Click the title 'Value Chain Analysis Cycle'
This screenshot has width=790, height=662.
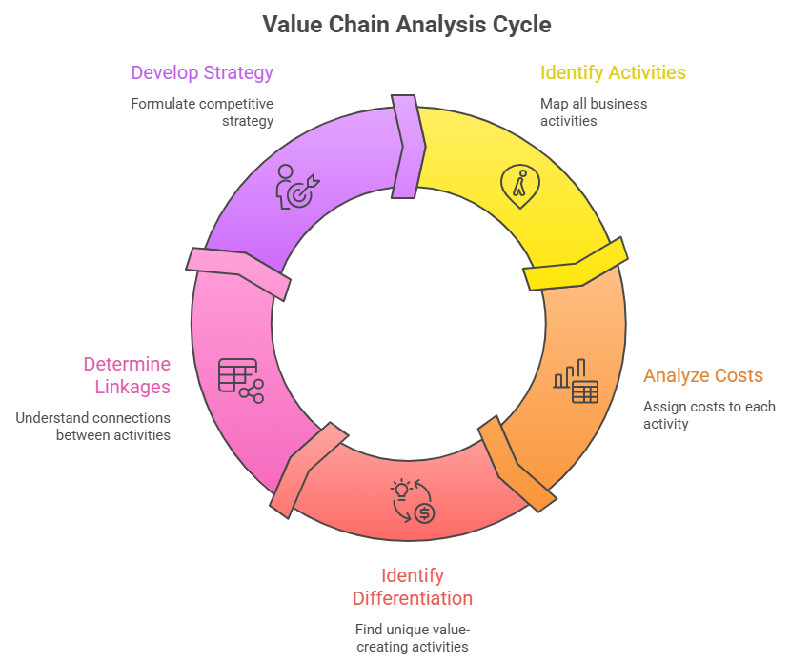(x=407, y=24)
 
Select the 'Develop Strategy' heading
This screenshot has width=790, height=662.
(x=202, y=72)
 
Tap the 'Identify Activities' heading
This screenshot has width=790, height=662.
(x=613, y=72)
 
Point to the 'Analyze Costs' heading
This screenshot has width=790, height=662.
(x=703, y=375)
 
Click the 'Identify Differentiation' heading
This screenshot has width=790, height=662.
(x=413, y=587)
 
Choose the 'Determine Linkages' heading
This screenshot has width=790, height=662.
(x=127, y=375)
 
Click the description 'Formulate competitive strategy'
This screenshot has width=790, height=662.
(x=202, y=111)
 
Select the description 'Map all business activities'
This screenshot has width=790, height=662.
(x=594, y=111)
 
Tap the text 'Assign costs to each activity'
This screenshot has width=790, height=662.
(x=709, y=414)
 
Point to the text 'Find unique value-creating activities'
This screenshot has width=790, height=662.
(x=413, y=637)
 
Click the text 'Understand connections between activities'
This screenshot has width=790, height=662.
(x=93, y=426)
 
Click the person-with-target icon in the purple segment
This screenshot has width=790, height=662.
(x=297, y=187)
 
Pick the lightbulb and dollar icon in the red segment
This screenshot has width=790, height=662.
(x=413, y=501)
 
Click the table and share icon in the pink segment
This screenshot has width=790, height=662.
(x=240, y=378)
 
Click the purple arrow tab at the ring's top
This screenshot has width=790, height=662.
(x=408, y=147)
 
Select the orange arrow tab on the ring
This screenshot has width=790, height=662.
(x=517, y=463)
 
